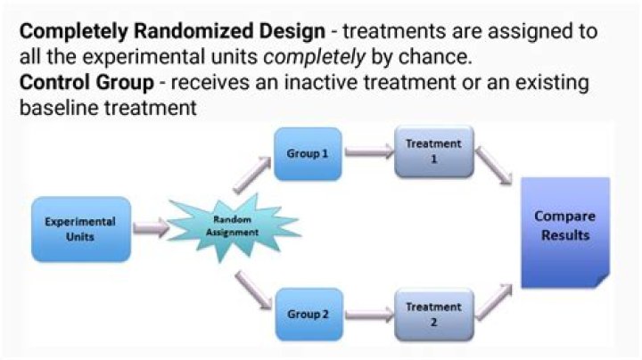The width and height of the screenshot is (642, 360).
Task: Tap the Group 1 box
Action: (x=308, y=153)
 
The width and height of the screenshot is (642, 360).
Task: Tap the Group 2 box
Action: (x=308, y=315)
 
